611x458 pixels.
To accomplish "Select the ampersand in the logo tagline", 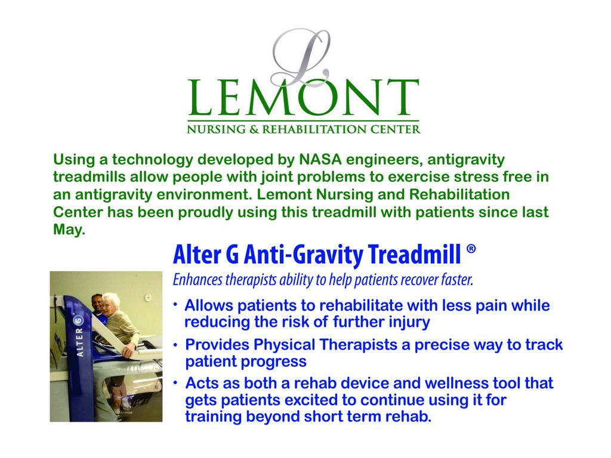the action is [254, 129].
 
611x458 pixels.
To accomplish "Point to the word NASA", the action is [320, 160].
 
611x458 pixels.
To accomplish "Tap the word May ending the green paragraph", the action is [68, 230].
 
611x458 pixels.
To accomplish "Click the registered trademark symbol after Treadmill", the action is [471, 249].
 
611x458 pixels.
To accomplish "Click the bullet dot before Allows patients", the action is [176, 305].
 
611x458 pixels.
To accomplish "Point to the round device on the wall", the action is [149, 298].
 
